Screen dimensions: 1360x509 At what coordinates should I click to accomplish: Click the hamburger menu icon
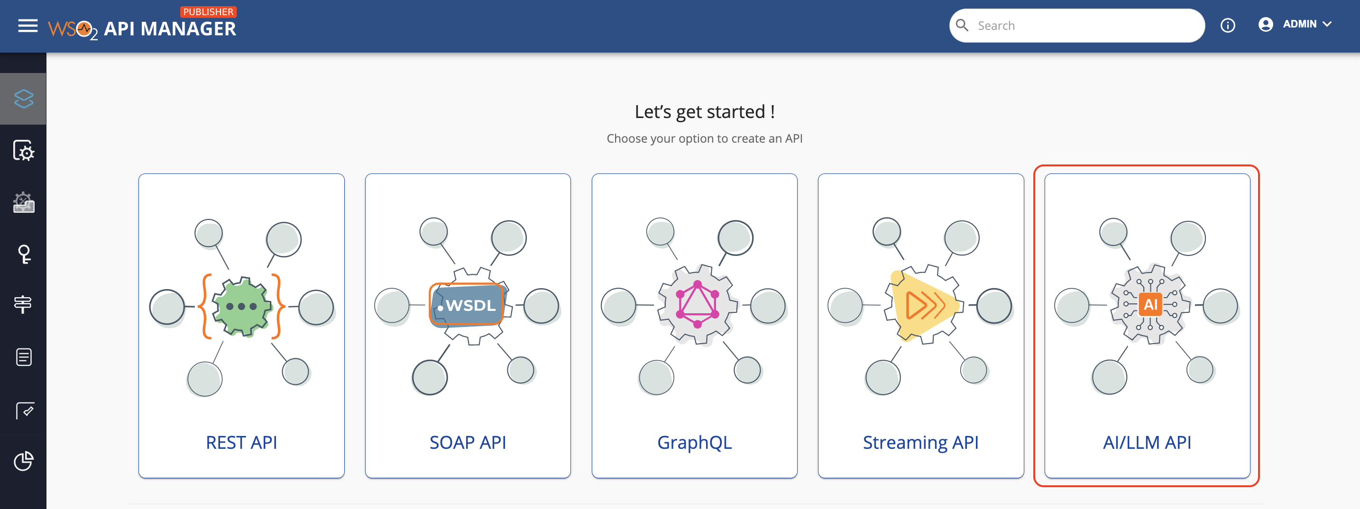pyautogui.click(x=28, y=25)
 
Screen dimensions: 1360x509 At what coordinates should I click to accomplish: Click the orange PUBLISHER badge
pyautogui.click(x=208, y=11)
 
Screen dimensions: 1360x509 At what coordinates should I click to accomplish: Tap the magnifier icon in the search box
pyautogui.click(x=962, y=25)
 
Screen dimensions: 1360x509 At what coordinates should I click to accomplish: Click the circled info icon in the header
pyautogui.click(x=1228, y=25)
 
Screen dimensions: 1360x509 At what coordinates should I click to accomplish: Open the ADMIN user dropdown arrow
pyautogui.click(x=1327, y=24)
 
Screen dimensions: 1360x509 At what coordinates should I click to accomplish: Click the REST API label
pyautogui.click(x=241, y=442)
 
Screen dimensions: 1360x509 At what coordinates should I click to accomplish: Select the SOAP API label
pyautogui.click(x=468, y=442)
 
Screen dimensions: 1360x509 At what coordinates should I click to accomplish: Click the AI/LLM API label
pyautogui.click(x=1147, y=442)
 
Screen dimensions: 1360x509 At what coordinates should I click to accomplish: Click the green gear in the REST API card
pyautogui.click(x=241, y=307)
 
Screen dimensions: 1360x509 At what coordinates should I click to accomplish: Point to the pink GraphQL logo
pyautogui.click(x=698, y=304)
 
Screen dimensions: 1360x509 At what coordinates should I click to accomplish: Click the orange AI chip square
pyautogui.click(x=1150, y=304)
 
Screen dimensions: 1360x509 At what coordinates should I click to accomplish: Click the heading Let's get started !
pyautogui.click(x=705, y=112)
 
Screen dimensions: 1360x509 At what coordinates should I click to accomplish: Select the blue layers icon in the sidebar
pyautogui.click(x=24, y=99)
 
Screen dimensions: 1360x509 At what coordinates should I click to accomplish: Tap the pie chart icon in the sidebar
pyautogui.click(x=24, y=461)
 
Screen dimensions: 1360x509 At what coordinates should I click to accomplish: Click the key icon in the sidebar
pyautogui.click(x=24, y=254)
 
